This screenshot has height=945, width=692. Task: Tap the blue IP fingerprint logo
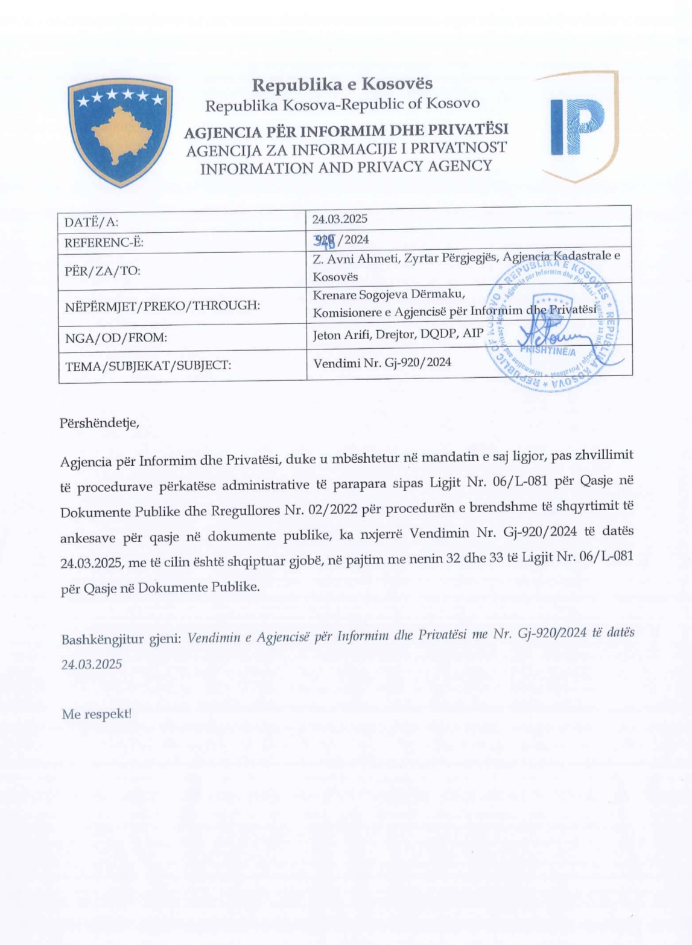click(x=577, y=127)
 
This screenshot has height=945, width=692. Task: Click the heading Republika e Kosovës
click(x=342, y=84)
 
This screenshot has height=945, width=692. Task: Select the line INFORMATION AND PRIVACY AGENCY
click(x=346, y=167)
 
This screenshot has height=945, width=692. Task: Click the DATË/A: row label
click(x=92, y=222)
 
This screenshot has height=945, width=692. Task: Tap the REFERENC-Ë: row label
click(x=104, y=243)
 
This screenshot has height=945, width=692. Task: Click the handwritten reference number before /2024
click(x=324, y=240)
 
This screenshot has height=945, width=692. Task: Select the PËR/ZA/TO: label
click(x=103, y=270)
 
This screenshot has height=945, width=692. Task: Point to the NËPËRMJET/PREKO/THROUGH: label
click(x=162, y=306)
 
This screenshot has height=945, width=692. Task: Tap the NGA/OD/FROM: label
click(x=116, y=338)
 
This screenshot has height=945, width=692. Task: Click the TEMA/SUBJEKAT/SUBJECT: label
click(x=148, y=364)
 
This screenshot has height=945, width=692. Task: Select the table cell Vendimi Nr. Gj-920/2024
click(x=381, y=363)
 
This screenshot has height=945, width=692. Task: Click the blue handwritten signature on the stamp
click(x=558, y=341)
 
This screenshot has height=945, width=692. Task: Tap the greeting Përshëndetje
click(x=100, y=423)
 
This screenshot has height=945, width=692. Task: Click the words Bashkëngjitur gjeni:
click(x=121, y=638)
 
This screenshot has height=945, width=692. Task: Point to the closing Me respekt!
click(x=97, y=714)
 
